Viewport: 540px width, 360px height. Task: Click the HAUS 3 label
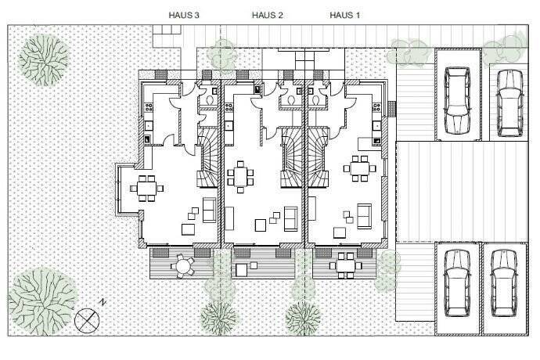[185, 15]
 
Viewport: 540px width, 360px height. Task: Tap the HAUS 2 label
[267, 15]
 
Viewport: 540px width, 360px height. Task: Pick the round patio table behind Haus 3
[183, 266]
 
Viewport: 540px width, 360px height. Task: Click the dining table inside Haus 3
[146, 188]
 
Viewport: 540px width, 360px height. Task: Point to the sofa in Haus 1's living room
[365, 214]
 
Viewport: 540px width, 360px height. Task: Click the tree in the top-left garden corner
[45, 55]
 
